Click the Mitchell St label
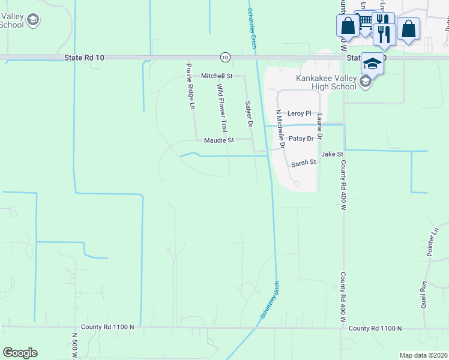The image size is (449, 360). click(x=216, y=76)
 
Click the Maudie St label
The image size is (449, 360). click(x=218, y=140)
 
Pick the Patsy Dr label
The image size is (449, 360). click(x=301, y=139)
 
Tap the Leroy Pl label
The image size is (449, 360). click(x=300, y=113)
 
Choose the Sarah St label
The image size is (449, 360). click(x=303, y=163)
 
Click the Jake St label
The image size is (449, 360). click(x=331, y=154)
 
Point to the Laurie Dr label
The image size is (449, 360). click(x=320, y=127)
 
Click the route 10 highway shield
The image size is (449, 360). click(x=224, y=57)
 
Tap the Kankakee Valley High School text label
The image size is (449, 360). click(x=327, y=82)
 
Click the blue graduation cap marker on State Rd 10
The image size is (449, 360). click(x=372, y=64)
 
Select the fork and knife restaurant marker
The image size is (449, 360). click(x=384, y=32)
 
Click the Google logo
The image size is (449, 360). click(x=20, y=353)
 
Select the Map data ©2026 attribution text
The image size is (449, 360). click(x=423, y=355)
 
